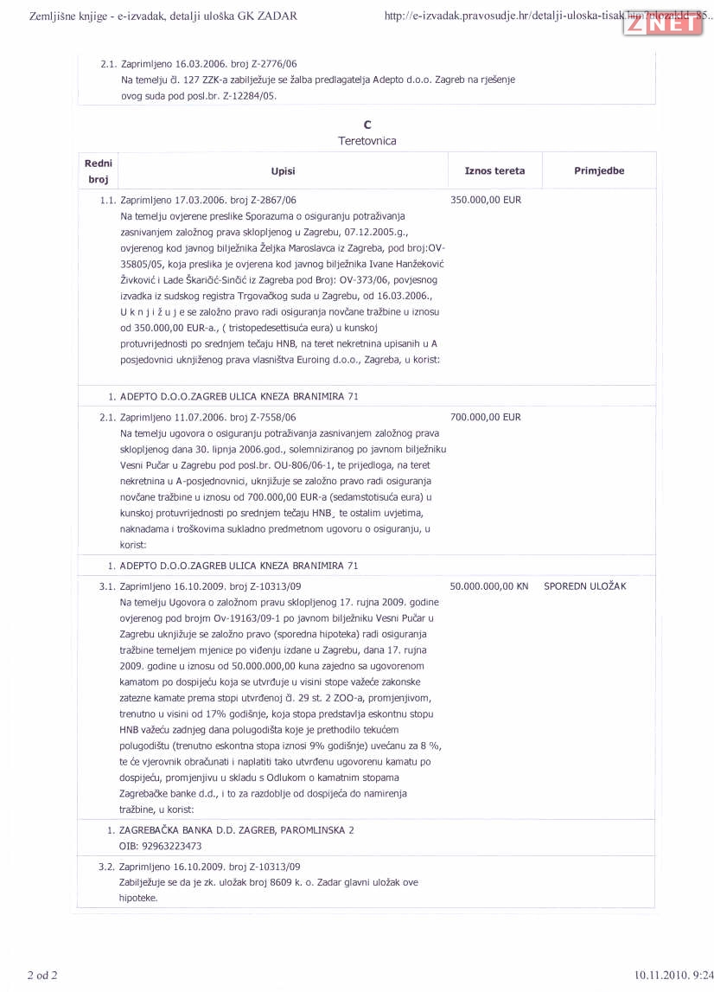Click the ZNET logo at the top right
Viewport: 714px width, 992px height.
point(661,24)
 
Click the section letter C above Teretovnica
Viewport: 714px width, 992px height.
point(367,125)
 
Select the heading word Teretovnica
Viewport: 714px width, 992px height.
point(367,141)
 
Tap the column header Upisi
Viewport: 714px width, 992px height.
point(283,171)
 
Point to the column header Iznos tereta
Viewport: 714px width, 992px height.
point(494,171)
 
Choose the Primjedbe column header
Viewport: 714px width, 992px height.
point(599,171)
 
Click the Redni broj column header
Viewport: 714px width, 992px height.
point(99,171)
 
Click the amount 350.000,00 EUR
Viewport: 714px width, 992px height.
point(486,200)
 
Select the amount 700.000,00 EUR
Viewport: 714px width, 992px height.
point(486,417)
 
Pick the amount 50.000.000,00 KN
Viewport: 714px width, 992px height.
point(489,586)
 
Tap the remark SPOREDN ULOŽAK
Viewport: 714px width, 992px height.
point(585,586)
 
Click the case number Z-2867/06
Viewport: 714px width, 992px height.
point(273,200)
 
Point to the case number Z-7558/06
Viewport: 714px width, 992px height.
point(273,417)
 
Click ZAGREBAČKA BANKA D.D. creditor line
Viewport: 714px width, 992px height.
point(236,830)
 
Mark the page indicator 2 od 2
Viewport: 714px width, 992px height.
point(42,976)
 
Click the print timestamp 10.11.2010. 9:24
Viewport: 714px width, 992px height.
point(672,976)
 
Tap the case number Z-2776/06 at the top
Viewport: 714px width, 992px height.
point(273,64)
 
